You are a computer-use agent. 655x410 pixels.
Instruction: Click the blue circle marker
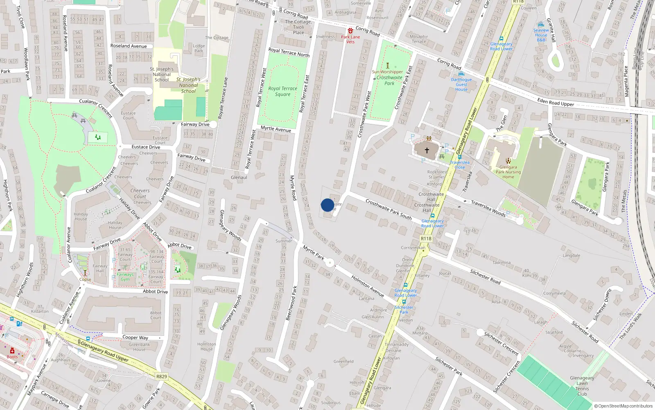click(327, 205)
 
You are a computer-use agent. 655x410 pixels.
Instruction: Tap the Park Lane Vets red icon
click(350, 31)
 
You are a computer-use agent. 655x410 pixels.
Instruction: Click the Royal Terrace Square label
click(282, 91)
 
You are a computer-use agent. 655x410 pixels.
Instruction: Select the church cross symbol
click(427, 150)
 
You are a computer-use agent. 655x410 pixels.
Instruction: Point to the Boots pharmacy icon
click(12, 351)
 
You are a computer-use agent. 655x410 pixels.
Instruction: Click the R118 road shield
click(426, 239)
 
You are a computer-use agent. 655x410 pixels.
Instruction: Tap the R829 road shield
click(162, 376)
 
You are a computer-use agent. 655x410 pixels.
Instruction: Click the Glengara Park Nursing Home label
click(508, 172)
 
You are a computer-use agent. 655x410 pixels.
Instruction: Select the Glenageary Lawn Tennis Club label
click(582, 386)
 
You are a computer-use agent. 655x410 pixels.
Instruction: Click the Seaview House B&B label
click(541, 35)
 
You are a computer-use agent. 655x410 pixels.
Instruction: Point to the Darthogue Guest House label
click(461, 84)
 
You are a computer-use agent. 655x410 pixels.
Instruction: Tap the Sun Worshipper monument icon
click(387, 66)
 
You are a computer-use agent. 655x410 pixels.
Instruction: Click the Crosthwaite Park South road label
click(388, 209)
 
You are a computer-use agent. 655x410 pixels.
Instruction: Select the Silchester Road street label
click(485, 277)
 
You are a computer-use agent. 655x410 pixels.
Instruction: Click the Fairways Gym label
click(125, 277)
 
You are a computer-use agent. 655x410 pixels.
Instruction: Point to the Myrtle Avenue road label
click(276, 129)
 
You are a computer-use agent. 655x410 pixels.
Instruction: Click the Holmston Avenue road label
click(367, 286)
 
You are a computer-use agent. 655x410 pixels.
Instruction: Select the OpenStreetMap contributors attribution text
click(623, 406)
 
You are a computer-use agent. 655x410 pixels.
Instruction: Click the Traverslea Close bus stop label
click(459, 165)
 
